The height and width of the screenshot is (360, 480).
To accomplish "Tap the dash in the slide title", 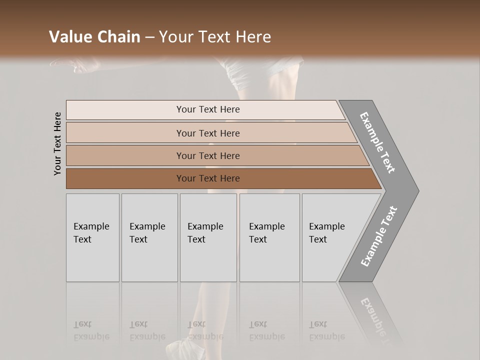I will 149,37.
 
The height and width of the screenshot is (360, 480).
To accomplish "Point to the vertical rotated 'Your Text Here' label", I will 57,144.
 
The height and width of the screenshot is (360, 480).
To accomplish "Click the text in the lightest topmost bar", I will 208,109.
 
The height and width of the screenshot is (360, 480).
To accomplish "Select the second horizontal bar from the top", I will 208,133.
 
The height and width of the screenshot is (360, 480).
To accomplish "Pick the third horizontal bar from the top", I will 208,155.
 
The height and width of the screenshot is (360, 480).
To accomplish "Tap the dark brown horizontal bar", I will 208,178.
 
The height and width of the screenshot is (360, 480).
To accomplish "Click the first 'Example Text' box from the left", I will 92,237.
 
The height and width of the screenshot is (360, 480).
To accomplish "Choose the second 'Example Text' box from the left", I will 149,237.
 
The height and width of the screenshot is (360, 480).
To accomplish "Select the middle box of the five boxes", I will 208,237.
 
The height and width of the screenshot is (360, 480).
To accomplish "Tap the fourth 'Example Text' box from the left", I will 269,237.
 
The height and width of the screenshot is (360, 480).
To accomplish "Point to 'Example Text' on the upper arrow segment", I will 377,142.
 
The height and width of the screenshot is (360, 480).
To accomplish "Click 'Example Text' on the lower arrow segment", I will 378,236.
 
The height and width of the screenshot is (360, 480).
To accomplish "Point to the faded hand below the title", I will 75,64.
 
